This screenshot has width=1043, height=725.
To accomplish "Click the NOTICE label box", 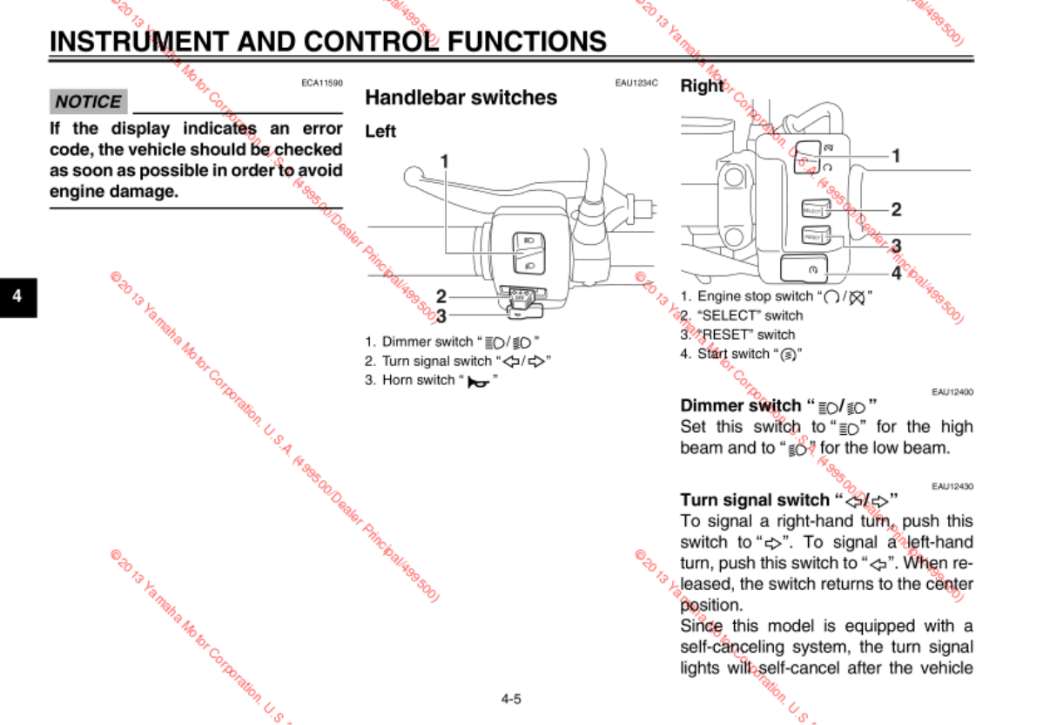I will [88, 102].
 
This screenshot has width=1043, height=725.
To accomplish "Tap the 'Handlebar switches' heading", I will [461, 98].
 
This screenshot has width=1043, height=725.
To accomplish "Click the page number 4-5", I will [511, 698].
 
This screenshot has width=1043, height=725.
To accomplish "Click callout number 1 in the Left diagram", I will [444, 161].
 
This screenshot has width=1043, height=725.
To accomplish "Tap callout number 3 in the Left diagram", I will [441, 315].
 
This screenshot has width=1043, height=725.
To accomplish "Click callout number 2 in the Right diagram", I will [896, 209].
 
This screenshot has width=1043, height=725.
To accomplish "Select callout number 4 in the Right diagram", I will [896, 273].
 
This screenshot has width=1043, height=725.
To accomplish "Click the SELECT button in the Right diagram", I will [812, 211].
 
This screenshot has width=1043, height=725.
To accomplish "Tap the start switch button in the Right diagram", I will [806, 269].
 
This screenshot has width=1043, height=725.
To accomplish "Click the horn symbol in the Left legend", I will [476, 382].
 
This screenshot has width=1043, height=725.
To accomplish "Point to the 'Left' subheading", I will [380, 132].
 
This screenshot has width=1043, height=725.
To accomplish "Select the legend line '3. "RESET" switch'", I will [737, 335].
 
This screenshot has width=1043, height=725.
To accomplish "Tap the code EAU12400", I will [952, 392].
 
